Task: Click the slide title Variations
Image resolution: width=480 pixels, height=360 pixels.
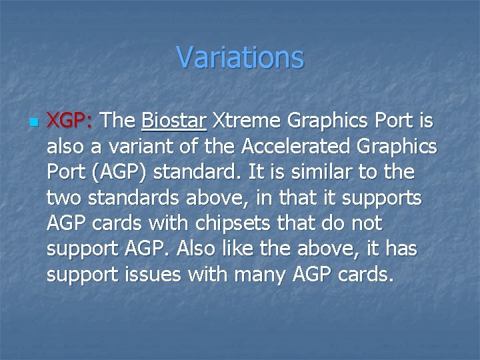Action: [240, 57]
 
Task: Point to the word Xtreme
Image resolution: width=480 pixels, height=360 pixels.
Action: [247, 121]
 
